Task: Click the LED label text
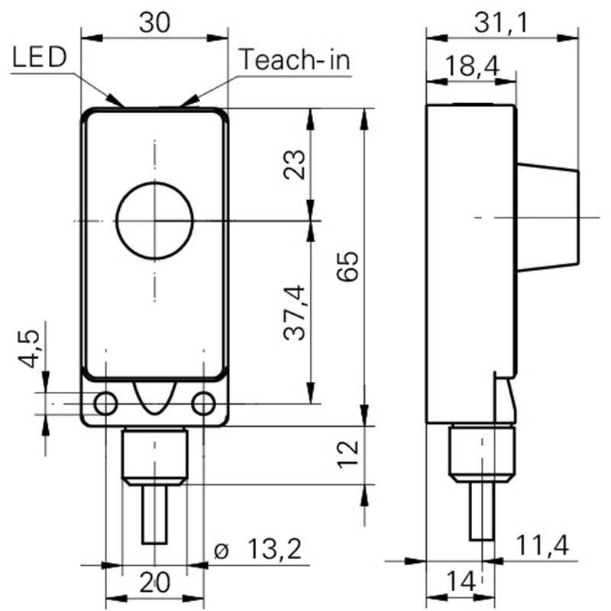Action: click(40, 57)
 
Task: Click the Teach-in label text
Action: click(295, 60)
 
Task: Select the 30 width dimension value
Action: click(155, 23)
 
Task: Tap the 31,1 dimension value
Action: click(502, 23)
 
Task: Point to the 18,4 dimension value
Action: click(472, 66)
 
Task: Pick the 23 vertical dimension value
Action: click(294, 164)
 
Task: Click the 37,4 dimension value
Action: click(294, 313)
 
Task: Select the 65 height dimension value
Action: click(348, 266)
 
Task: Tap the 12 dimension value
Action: click(348, 454)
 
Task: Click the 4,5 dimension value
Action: click(29, 349)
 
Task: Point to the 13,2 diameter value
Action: click(274, 549)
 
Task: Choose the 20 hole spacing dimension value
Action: click(155, 582)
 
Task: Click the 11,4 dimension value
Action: click(542, 545)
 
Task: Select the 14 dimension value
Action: click(461, 581)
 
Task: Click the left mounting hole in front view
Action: click(105, 404)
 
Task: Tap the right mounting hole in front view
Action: click(203, 404)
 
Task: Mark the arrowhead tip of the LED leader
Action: click(123, 106)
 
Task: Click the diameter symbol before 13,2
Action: click(221, 551)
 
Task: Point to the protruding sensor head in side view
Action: click(548, 217)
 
